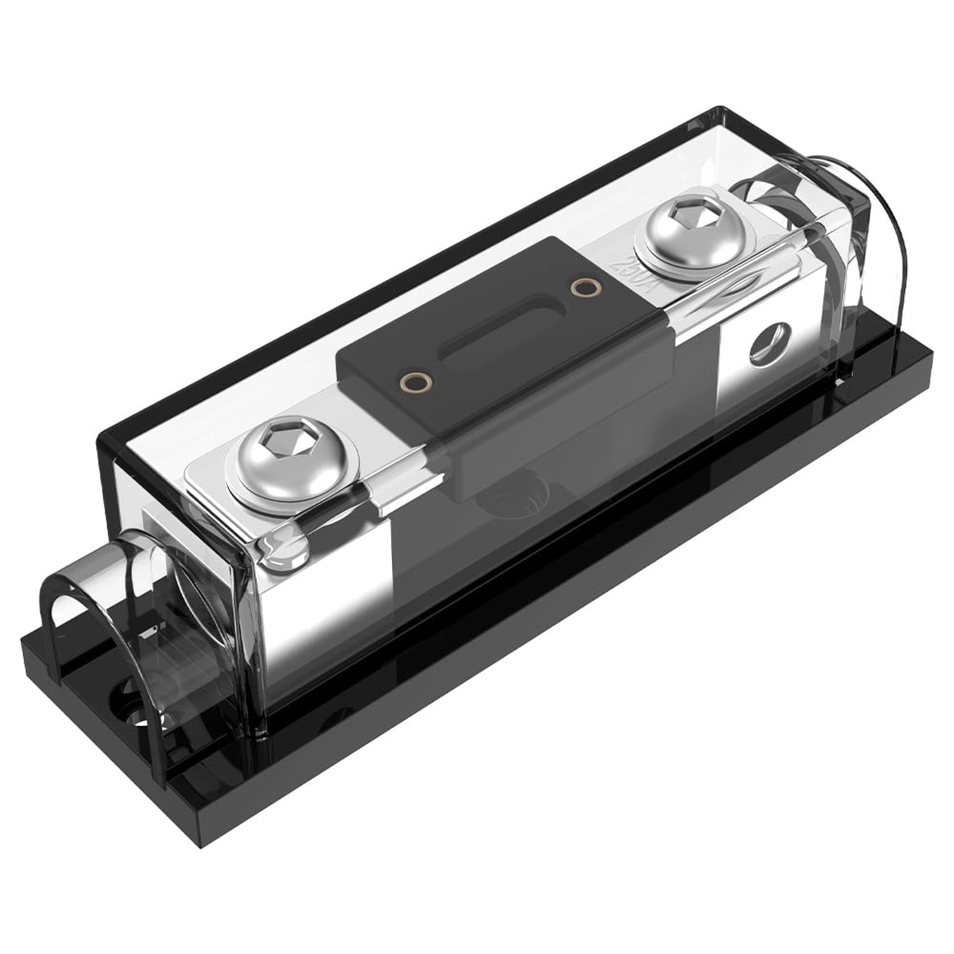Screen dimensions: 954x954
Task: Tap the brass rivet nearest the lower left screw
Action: (415, 383)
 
